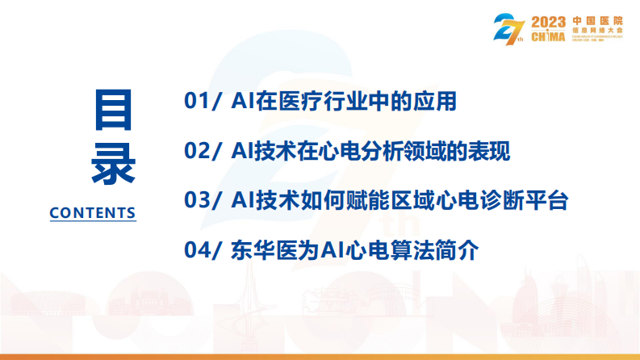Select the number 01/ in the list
pos(202,102)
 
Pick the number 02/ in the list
pos(203,151)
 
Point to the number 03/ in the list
pos(203,200)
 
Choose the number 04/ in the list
pos(203,250)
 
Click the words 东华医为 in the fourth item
pos(275,250)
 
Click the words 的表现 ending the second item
pos(489,151)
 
